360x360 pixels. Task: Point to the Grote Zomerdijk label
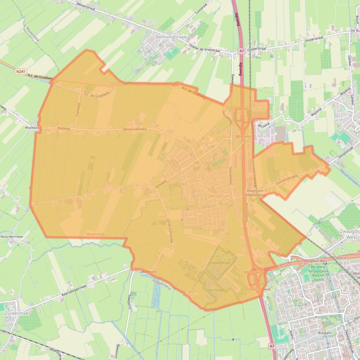(170, 230)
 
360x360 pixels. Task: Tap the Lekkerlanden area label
(216, 290)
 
